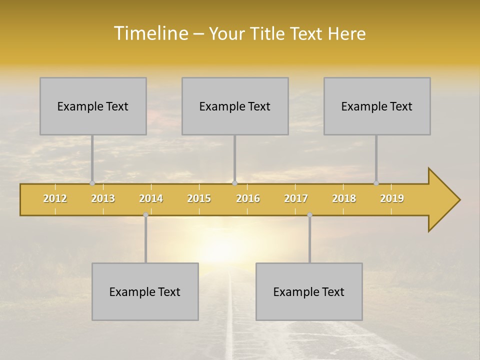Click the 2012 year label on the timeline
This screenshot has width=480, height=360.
point(55,198)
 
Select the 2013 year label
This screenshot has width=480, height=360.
point(103,198)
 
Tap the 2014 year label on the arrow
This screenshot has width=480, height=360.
point(151,198)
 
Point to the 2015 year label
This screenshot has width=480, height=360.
point(199,198)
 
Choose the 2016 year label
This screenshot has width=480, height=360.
point(248,198)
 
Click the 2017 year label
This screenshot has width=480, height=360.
point(296,198)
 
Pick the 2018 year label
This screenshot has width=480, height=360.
point(344,198)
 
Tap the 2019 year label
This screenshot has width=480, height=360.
point(392,198)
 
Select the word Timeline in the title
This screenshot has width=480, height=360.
point(150,33)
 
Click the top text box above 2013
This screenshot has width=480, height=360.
point(93,106)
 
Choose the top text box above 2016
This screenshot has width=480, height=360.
point(235,106)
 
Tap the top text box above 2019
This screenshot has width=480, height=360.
point(377,106)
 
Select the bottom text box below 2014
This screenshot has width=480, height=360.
point(145,292)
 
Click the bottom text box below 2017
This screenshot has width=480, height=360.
point(309,292)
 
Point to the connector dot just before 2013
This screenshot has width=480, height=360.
point(92,183)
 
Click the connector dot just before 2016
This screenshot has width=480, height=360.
point(234,183)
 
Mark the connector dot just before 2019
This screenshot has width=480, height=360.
point(376,183)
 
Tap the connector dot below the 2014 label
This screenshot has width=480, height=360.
point(145,215)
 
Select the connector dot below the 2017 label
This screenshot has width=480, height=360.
point(309,215)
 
